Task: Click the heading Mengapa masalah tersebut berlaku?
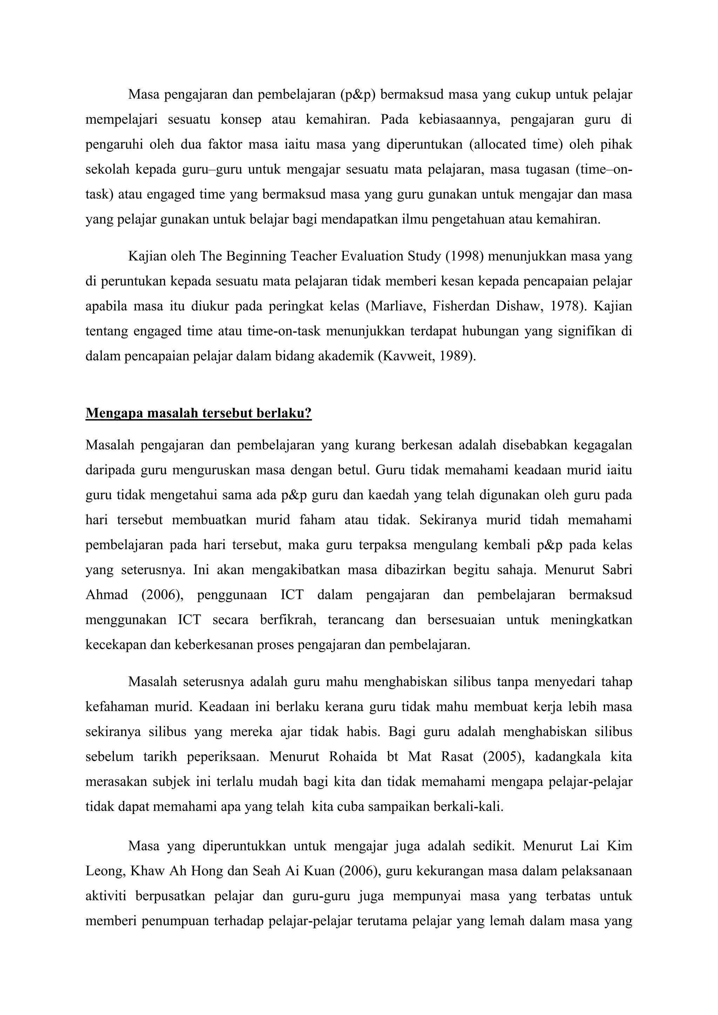pos(198,413)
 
